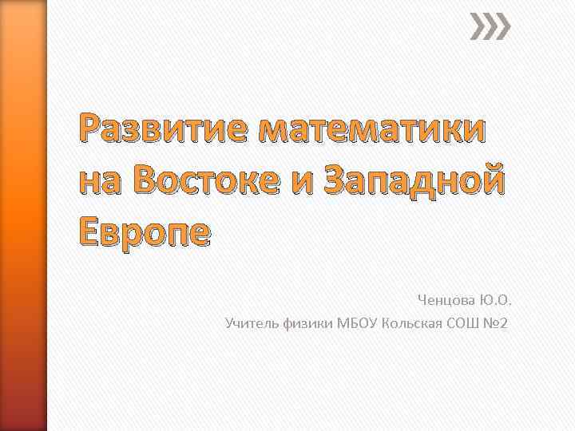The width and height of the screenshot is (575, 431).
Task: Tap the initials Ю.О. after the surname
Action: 495,301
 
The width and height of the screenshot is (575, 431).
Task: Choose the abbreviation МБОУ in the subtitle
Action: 359,323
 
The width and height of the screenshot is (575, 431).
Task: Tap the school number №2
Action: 496,323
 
